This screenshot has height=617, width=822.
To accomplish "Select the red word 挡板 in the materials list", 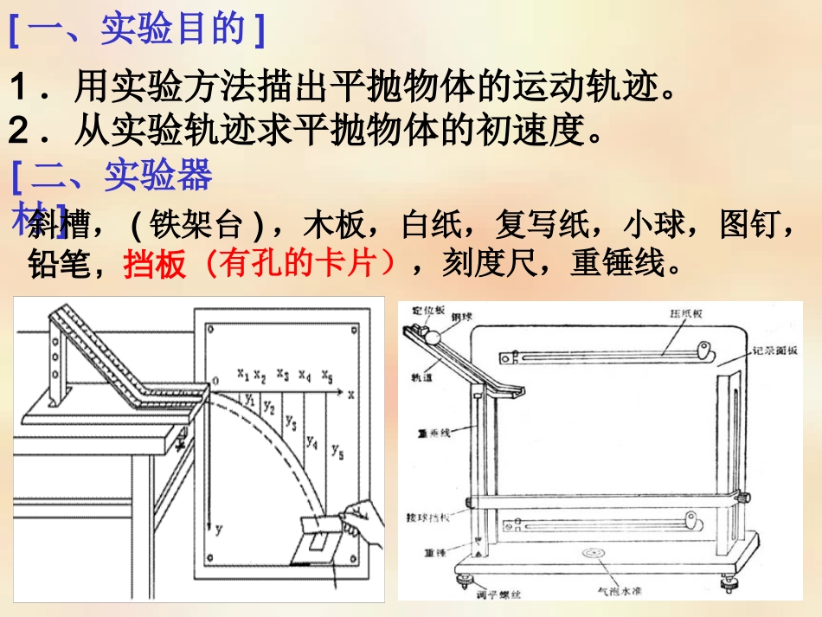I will tap(155, 264).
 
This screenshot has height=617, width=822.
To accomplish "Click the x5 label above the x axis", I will tap(327, 375).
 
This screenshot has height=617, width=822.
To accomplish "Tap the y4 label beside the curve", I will tap(311, 442).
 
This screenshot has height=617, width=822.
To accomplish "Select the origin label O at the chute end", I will tap(215, 380).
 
